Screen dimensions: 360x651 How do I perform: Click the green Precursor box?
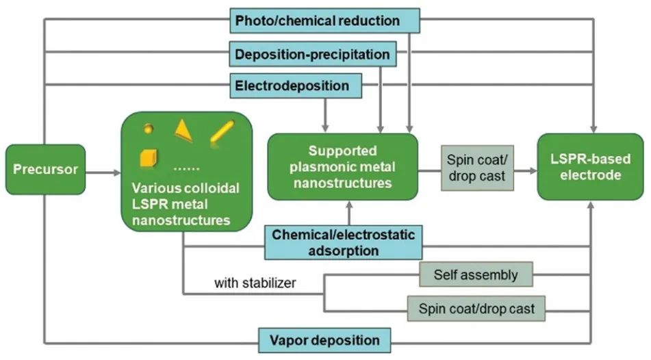click(x=45, y=169)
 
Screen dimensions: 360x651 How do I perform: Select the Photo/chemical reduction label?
click(x=324, y=21)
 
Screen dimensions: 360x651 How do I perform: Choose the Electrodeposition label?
click(x=296, y=86)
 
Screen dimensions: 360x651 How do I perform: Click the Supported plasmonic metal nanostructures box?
click(x=342, y=166)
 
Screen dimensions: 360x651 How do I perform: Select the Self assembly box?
click(x=475, y=275)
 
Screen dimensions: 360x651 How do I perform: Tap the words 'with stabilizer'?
click(x=255, y=282)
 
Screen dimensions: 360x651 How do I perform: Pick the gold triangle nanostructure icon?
click(x=183, y=129)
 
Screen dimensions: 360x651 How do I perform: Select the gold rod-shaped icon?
click(x=222, y=131)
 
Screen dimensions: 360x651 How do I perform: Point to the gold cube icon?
click(x=149, y=157)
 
